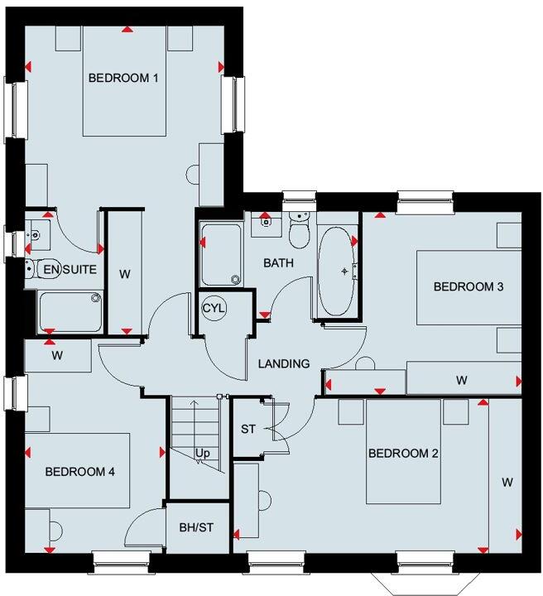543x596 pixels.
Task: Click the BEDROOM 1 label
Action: (x=123, y=78)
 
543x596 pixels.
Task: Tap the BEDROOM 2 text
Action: (x=402, y=453)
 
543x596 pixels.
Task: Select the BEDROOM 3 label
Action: (x=469, y=287)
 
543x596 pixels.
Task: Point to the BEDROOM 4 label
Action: (x=79, y=471)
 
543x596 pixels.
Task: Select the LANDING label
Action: (x=283, y=363)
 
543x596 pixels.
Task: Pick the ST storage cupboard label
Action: (x=248, y=429)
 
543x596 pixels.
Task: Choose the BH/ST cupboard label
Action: (x=197, y=526)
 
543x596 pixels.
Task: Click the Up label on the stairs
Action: (x=201, y=453)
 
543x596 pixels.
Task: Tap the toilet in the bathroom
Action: (x=300, y=231)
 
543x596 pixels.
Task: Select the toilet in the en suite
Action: (x=31, y=268)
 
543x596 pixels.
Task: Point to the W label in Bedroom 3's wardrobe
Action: (x=461, y=381)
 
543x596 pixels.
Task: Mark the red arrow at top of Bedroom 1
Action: (x=127, y=30)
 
